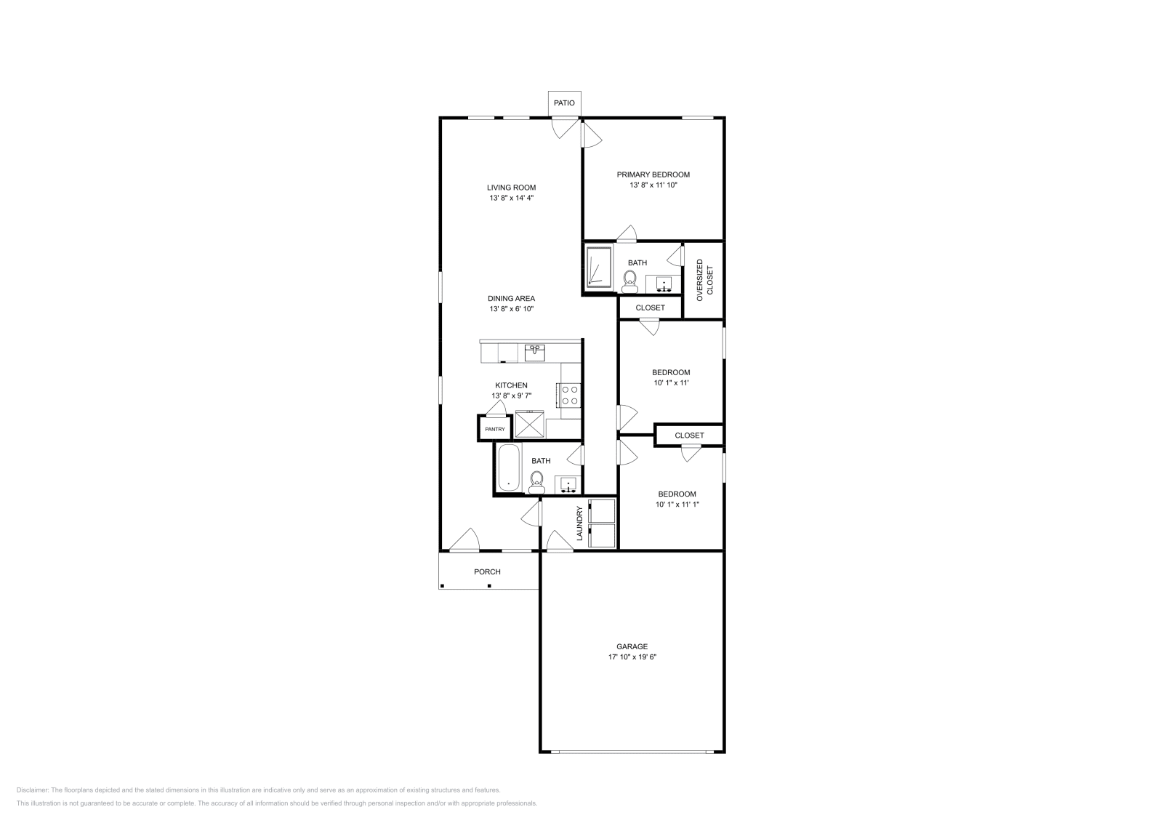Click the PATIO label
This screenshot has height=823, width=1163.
click(x=564, y=103)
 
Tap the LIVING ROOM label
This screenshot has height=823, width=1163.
click(x=511, y=188)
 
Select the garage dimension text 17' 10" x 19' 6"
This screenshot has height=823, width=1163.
click(x=632, y=657)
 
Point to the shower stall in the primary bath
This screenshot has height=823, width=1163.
click(x=599, y=268)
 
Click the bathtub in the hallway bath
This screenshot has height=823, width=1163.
click(x=508, y=467)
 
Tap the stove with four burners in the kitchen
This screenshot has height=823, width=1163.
click(x=570, y=395)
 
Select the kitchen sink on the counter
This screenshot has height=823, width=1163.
click(x=535, y=352)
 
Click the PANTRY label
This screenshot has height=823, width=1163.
click(x=495, y=429)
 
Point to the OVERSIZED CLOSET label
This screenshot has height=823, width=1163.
click(x=704, y=280)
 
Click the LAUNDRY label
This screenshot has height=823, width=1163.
click(x=579, y=523)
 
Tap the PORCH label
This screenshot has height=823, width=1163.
click(x=487, y=572)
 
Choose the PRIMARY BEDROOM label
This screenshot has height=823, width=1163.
click(x=653, y=174)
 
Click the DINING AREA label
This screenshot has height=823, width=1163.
click(x=511, y=298)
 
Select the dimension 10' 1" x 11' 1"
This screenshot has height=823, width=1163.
click(x=677, y=505)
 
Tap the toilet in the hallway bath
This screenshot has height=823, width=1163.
click(x=536, y=481)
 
